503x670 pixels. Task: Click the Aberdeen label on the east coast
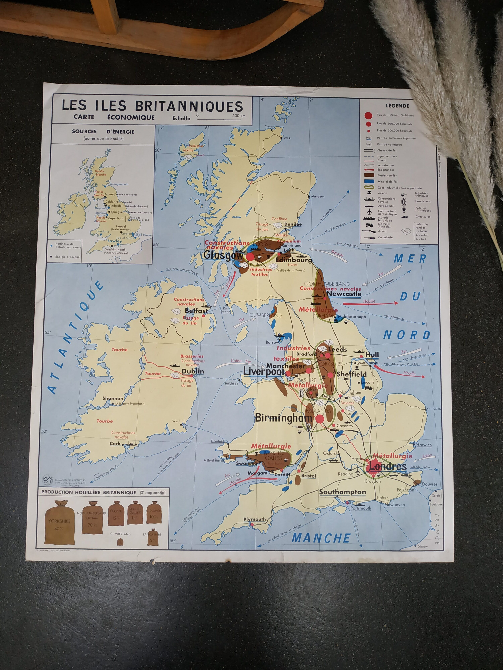pyautogui.click(x=317, y=197)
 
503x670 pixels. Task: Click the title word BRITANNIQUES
pyautogui.click(x=189, y=106)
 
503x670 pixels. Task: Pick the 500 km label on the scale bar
pyautogui.click(x=239, y=115)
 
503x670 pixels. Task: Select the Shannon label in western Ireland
pyautogui.click(x=113, y=399)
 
